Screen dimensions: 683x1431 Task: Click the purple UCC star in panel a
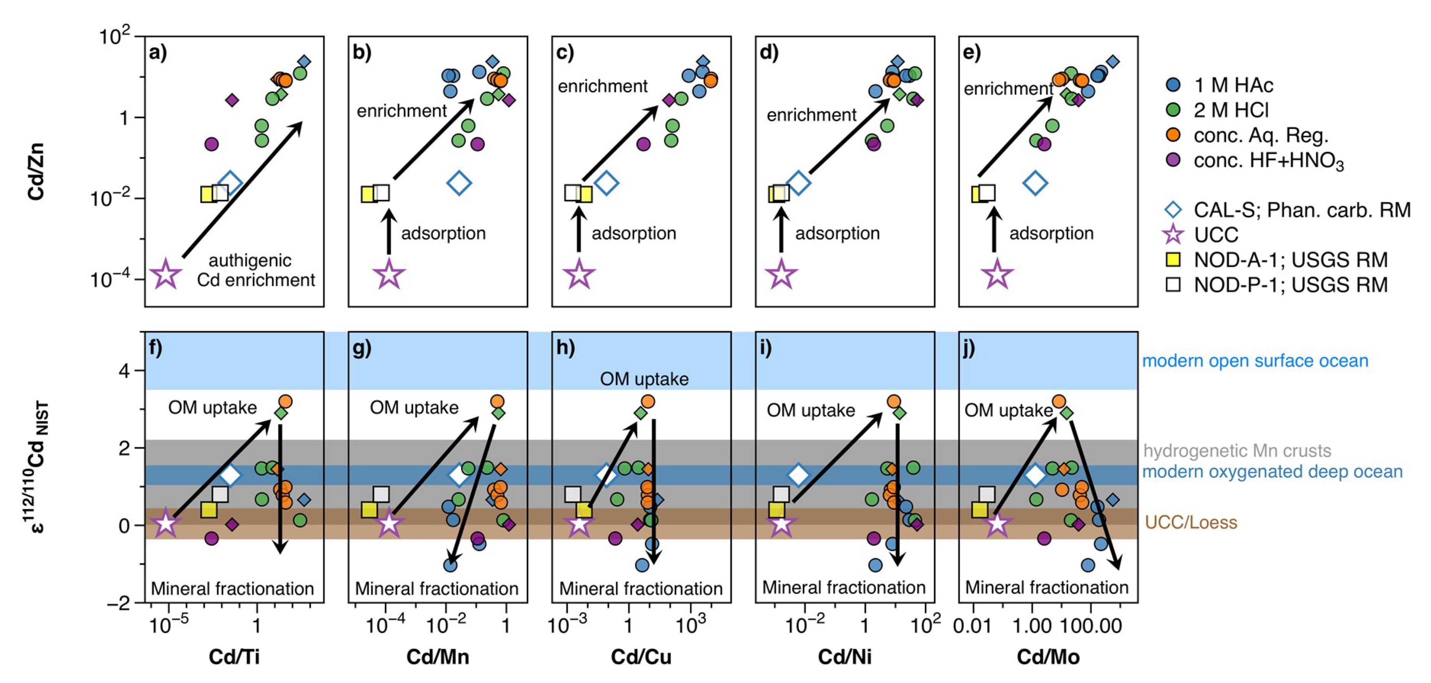pyautogui.click(x=165, y=274)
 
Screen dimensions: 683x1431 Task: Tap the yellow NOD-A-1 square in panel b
pyautogui.click(x=368, y=195)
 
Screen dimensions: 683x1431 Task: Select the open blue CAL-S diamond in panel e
pyautogui.click(x=1035, y=182)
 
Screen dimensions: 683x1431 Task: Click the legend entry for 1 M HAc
pyautogui.click(x=1233, y=85)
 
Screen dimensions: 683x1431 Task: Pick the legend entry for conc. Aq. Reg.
pyautogui.click(x=1260, y=135)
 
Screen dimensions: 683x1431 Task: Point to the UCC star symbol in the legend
pyautogui.click(x=1173, y=235)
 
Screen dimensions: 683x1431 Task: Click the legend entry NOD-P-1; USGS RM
pyautogui.click(x=1290, y=285)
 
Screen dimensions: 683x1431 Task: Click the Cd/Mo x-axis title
pyautogui.click(x=1048, y=657)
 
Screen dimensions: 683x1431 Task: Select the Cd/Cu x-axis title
pyautogui.click(x=641, y=657)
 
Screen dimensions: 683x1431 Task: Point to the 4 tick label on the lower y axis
pyautogui.click(x=124, y=370)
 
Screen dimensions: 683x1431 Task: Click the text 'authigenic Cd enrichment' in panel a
pyautogui.click(x=255, y=270)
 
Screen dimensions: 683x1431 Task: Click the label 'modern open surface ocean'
pyautogui.click(x=1254, y=361)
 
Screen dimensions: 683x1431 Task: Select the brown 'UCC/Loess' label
pyautogui.click(x=1190, y=522)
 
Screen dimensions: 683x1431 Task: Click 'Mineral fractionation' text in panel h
pyautogui.click(x=641, y=588)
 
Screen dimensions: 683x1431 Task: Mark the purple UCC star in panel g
pyautogui.click(x=389, y=523)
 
